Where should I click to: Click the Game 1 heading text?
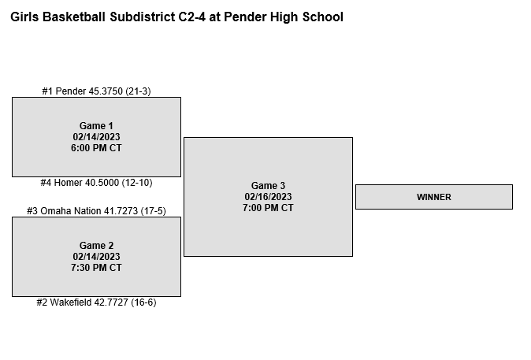pos(96,125)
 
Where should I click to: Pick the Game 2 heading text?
pos(96,245)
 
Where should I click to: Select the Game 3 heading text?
pos(268,186)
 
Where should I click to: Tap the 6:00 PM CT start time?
pos(96,148)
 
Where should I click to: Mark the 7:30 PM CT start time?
pos(96,268)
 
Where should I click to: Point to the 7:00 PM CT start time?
pos(268,208)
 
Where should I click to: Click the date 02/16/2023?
pos(268,197)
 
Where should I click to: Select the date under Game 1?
pos(96,137)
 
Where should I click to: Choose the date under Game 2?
pos(96,256)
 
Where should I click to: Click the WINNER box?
pos(434,197)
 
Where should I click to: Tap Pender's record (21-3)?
pos(138,91)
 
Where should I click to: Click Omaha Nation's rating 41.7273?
pos(121,211)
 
